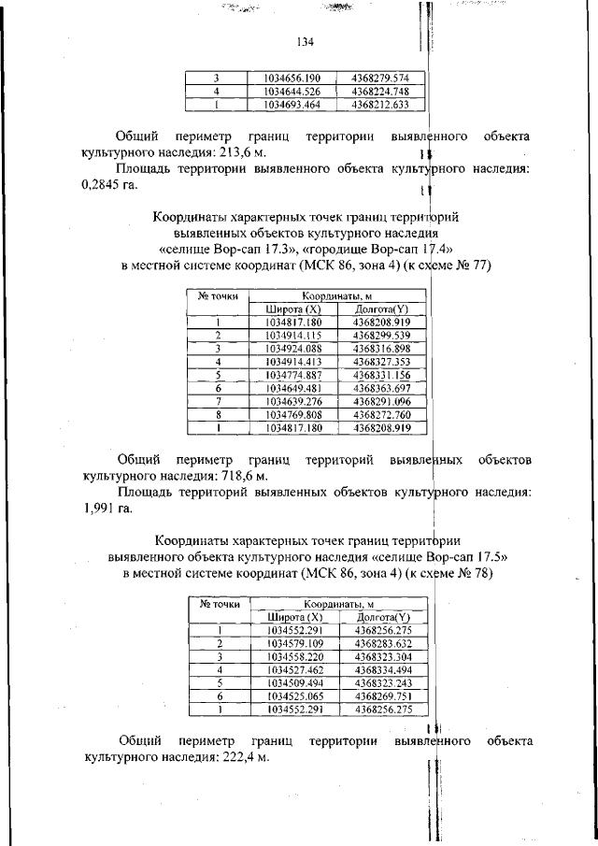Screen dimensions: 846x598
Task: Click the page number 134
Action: (304, 42)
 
